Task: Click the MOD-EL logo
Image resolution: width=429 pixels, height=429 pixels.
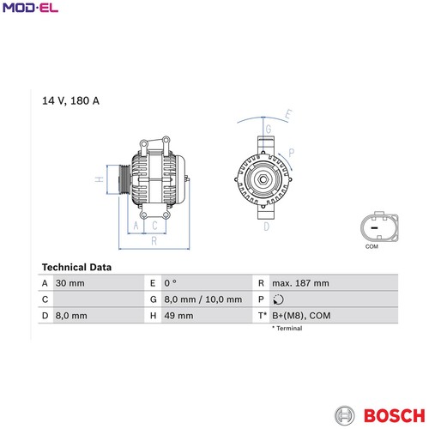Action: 30,8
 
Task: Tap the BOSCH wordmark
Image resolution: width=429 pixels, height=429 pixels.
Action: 395,415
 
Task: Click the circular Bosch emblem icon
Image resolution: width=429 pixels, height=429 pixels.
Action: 345,415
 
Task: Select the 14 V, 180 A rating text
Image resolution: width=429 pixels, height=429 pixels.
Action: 70,100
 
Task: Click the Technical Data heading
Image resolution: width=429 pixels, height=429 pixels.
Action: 76,267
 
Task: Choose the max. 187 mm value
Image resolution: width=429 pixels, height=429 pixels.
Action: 300,283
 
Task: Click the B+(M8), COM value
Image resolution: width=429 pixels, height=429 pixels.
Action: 301,316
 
